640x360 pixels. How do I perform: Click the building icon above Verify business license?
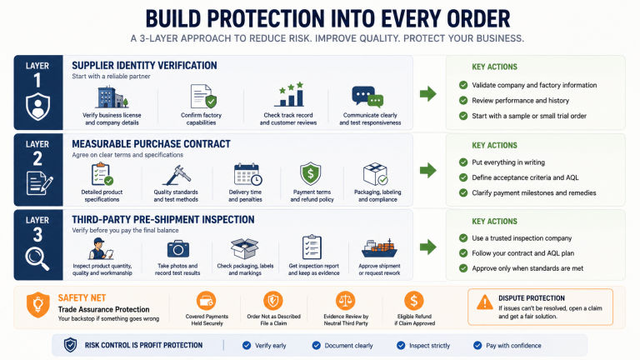pos(112,97)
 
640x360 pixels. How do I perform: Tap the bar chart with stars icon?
pos(289,94)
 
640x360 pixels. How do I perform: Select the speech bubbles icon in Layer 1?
pos(367,97)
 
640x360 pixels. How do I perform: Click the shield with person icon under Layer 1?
pos(38,107)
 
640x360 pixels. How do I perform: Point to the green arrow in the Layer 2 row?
pos(428,170)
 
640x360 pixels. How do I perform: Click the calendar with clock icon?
pos(247,175)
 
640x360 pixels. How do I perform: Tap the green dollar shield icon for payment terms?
pos(311,174)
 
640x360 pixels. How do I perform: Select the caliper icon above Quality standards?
pos(177,176)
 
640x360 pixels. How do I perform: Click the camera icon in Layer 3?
pos(178,249)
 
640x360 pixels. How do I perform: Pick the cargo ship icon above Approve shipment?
pos(380,248)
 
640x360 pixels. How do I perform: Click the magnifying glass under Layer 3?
pos(37,259)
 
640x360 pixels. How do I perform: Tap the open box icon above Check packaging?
pos(244,248)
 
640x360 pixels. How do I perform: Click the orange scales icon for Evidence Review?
pos(345,301)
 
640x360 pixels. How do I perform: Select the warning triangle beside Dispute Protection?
pos(484,302)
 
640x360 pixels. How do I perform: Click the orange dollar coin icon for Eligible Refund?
pos(414,301)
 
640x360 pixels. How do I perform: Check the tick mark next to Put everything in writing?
pos(463,162)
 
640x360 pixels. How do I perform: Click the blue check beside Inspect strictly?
pos(401,346)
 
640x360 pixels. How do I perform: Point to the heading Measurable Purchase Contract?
pos(151,144)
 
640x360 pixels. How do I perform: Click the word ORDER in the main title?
pos(478,19)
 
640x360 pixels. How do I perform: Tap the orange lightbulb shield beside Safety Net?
pos(38,305)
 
